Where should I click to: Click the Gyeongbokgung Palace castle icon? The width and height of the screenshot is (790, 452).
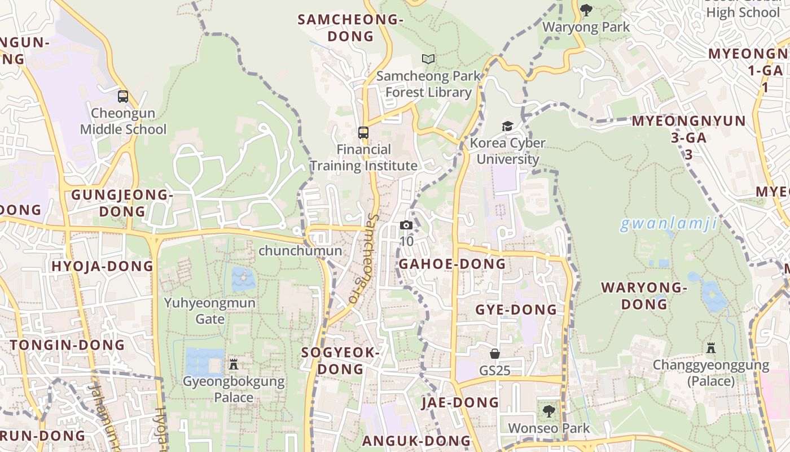tap(234, 364)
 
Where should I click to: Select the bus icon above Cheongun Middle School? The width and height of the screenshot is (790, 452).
tap(123, 97)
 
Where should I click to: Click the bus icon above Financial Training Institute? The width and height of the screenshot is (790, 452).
tap(363, 133)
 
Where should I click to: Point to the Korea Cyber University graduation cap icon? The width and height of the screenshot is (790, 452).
tap(508, 126)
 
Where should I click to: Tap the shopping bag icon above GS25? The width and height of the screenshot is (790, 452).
tap(495, 354)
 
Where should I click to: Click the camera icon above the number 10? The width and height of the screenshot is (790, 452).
tap(406, 225)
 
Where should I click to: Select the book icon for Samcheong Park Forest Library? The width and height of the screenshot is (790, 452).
tap(428, 59)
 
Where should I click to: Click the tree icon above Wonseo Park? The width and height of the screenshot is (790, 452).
tap(548, 411)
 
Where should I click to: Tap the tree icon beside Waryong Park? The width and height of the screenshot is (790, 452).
tap(586, 10)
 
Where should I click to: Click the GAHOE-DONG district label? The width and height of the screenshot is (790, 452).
tap(453, 264)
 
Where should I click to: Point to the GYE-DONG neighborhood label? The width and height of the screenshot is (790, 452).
tap(516, 310)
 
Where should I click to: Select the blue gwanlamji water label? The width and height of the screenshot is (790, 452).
tap(669, 224)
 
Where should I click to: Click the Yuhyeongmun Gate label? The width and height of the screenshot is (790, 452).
tap(210, 311)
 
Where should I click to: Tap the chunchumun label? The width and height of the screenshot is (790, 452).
tap(300, 250)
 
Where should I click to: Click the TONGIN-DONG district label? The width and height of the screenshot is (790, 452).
tap(67, 345)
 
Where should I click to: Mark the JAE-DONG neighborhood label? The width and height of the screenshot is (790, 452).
tap(460, 402)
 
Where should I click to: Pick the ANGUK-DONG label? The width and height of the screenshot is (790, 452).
tap(416, 441)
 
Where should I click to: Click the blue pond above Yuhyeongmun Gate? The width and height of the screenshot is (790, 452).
tap(243, 279)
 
